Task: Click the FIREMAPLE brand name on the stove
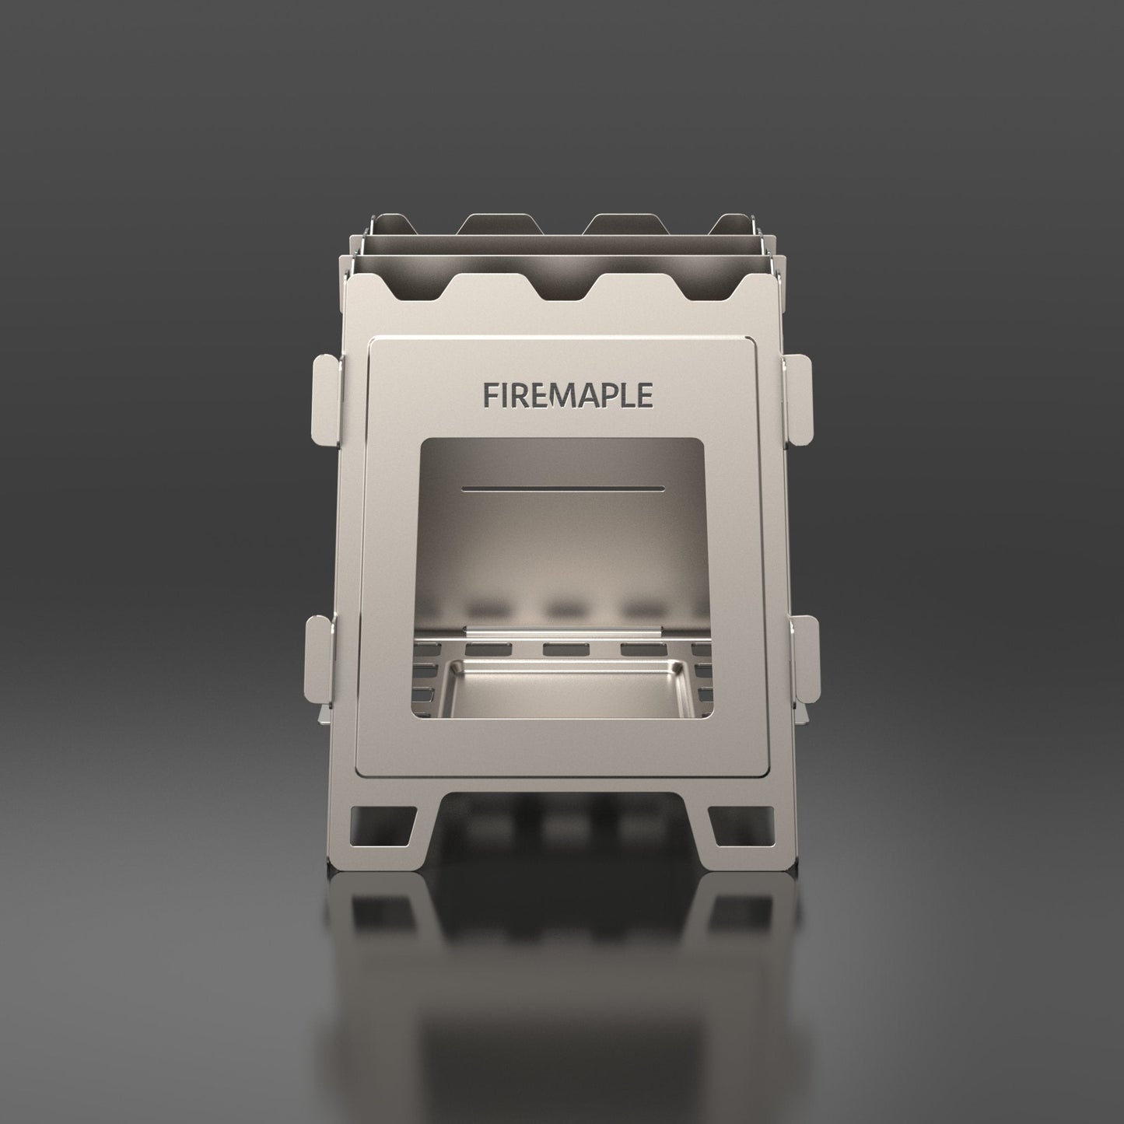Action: (x=567, y=394)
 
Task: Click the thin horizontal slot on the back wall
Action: (x=562, y=489)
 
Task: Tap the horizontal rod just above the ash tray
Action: (x=564, y=627)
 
